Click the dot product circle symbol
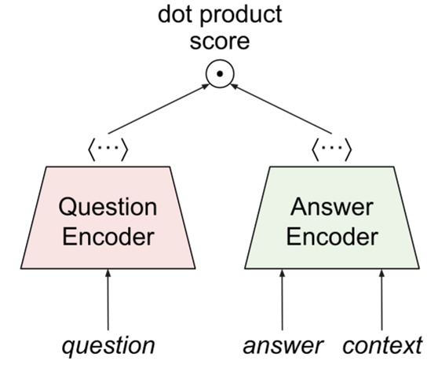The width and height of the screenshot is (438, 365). (221, 75)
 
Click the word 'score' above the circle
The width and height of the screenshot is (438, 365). (220, 40)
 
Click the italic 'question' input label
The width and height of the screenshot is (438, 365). (108, 345)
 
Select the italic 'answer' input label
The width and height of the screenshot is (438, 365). (283, 345)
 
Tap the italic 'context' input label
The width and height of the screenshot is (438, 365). (383, 345)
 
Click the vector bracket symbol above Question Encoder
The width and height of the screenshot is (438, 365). (108, 147)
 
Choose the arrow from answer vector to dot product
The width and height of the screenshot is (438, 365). (281, 108)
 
